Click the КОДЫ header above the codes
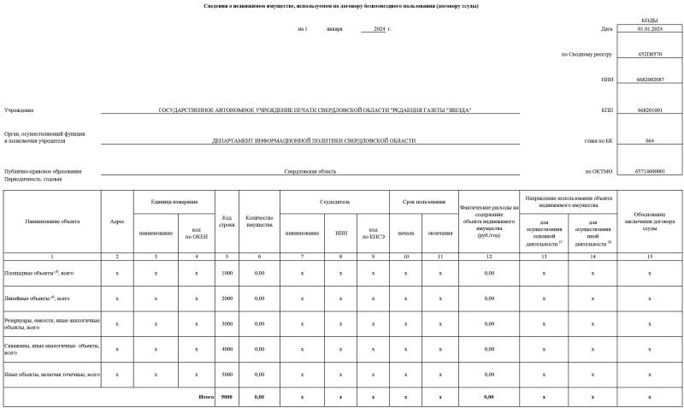(x=649, y=20)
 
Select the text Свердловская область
(x=310, y=171)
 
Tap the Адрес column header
(x=117, y=221)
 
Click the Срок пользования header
(x=423, y=202)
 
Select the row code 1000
(x=227, y=273)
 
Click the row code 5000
(x=227, y=374)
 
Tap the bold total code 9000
(x=227, y=397)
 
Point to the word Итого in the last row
(x=206, y=397)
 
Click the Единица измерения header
(x=175, y=202)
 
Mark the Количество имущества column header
(x=258, y=221)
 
